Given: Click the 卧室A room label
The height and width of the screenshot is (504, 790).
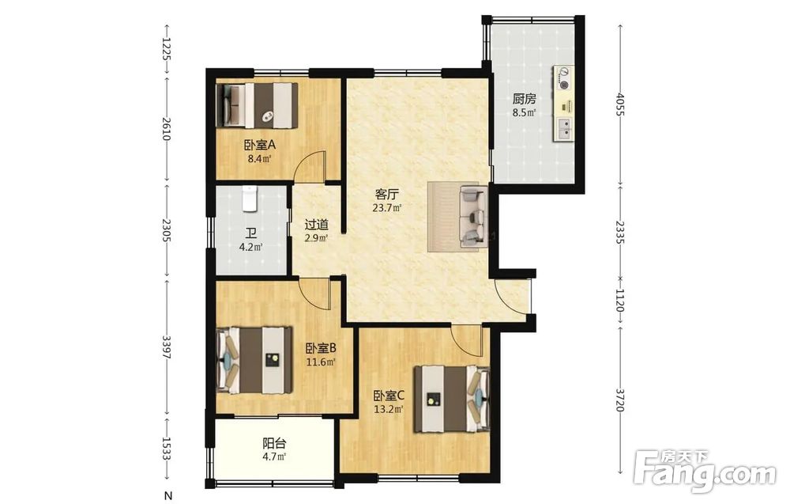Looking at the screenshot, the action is click(260, 146).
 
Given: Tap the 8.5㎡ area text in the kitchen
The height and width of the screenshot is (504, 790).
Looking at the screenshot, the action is click(524, 112).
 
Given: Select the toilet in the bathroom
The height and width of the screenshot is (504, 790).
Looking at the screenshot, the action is click(250, 199).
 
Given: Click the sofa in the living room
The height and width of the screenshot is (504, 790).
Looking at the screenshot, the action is click(474, 217).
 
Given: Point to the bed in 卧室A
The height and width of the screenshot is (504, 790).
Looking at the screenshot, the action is click(257, 105).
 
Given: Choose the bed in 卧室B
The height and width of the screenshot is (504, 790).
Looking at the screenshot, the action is click(254, 360).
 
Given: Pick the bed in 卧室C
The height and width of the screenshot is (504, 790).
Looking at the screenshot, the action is click(452, 399).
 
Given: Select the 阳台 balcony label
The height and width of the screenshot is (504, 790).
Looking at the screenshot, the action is click(275, 443).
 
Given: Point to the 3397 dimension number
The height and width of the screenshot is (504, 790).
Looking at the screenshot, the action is click(166, 347).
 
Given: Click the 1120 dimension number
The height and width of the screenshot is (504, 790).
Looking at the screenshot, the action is click(619, 300).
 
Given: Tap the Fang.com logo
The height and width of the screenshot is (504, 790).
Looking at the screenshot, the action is click(705, 468).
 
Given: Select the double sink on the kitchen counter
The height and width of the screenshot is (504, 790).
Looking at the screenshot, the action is click(564, 129).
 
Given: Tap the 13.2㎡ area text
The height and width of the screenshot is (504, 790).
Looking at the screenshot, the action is click(389, 410).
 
